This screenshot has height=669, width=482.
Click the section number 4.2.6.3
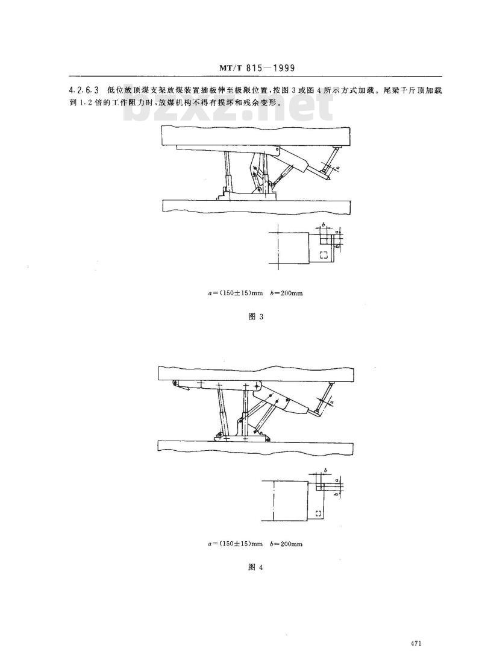[x=84, y=90]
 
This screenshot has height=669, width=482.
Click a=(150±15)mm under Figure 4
[x=235, y=544]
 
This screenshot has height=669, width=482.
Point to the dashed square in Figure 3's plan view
[x=324, y=255]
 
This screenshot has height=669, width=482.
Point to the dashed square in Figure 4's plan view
[x=318, y=513]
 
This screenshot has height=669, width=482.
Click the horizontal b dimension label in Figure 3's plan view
[x=324, y=224]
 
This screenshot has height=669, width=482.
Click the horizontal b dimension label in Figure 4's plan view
[x=325, y=471]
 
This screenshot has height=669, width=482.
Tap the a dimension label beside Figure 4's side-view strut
[x=332, y=401]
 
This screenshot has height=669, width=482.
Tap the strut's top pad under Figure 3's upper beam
[x=337, y=148]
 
